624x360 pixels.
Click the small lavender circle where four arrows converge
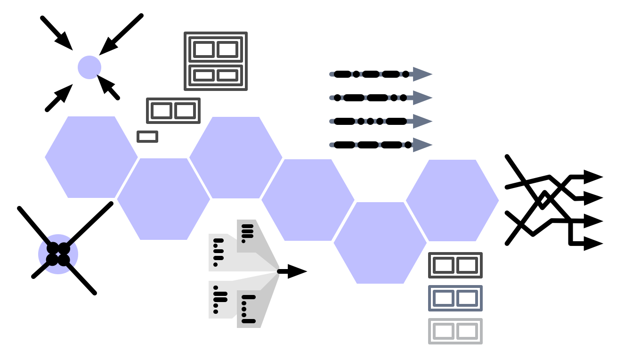tap(89, 67)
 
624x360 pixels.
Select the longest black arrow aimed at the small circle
tap(120, 35)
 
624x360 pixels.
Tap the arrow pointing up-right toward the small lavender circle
tap(59, 98)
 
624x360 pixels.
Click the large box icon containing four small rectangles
tap(215, 61)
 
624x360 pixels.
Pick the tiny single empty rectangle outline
tap(147, 137)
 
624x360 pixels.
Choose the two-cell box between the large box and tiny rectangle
tap(173, 111)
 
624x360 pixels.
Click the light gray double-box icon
tap(455, 331)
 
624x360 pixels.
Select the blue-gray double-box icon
tap(455, 298)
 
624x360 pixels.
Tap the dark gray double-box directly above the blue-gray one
tap(455, 265)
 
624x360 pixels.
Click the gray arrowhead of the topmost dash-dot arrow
tap(422, 74)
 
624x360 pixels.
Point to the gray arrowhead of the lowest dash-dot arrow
tap(422, 145)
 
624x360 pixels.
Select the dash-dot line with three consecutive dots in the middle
tap(370, 121)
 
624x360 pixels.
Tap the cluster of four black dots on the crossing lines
tap(58, 254)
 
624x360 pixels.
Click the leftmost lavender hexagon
tap(91, 157)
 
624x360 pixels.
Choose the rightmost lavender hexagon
tap(452, 200)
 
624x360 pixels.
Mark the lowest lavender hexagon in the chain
tap(380, 243)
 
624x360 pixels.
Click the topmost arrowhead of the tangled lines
tap(592, 177)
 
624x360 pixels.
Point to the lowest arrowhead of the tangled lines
tap(592, 244)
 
